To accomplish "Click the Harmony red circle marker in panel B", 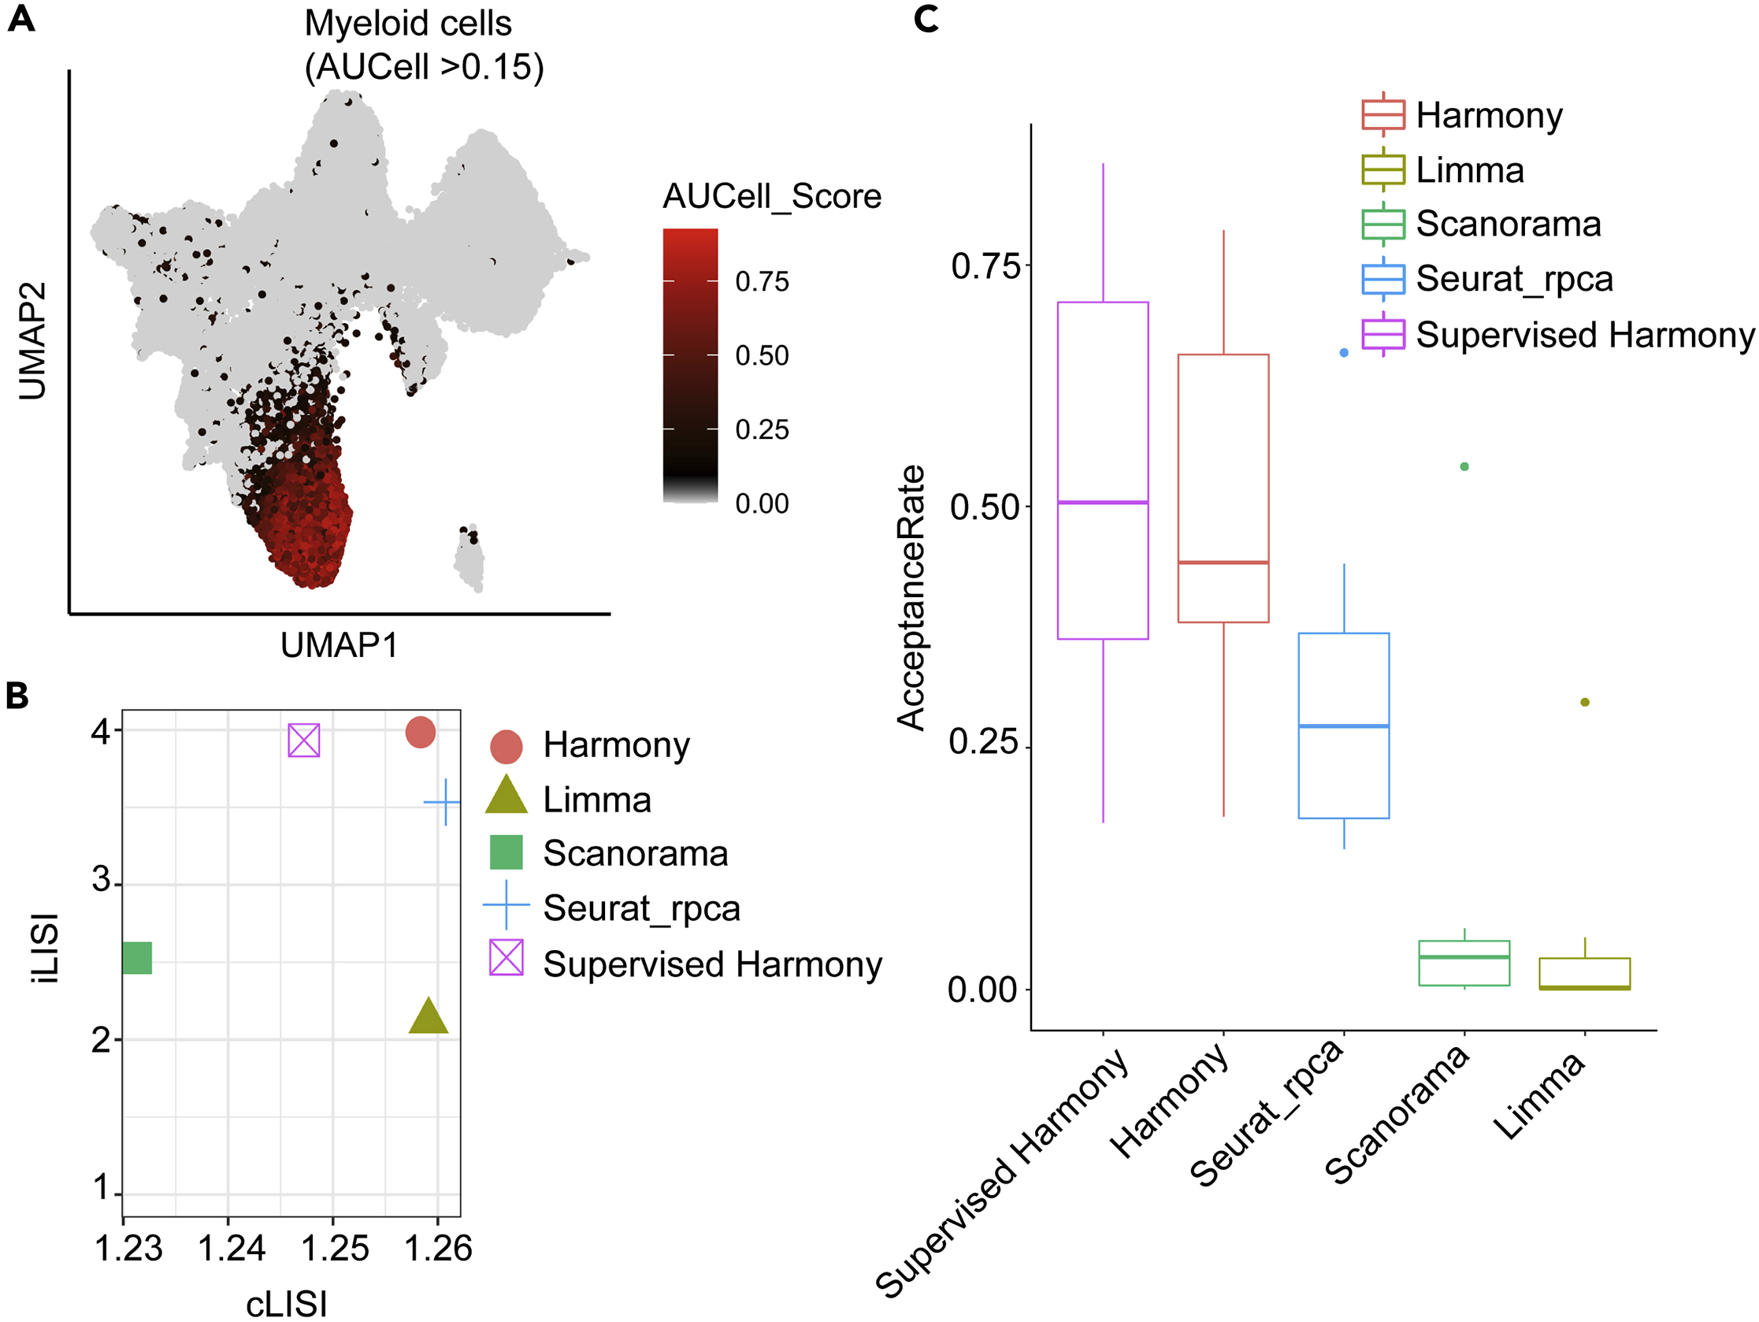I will pos(420,732).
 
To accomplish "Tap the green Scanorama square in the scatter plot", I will pos(138,958).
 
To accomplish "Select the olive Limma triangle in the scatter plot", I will pos(429,1017).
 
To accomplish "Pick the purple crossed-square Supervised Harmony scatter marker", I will pos(304,741).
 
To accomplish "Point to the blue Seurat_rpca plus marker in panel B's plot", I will pos(445,802).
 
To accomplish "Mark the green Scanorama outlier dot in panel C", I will pos(1464,467).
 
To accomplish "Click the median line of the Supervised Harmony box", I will pos(1102,503).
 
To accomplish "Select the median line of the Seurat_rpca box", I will pos(1343,726).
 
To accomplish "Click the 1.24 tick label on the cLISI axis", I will pos(231,1249).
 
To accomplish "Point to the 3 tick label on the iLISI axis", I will pos(101,880).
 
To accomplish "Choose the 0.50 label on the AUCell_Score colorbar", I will pos(762,355).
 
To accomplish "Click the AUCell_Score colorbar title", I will pos(771,196).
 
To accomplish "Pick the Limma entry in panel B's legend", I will pos(596,800).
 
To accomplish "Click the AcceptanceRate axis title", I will pos(911,597).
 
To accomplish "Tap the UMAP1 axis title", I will pos(339,645).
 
